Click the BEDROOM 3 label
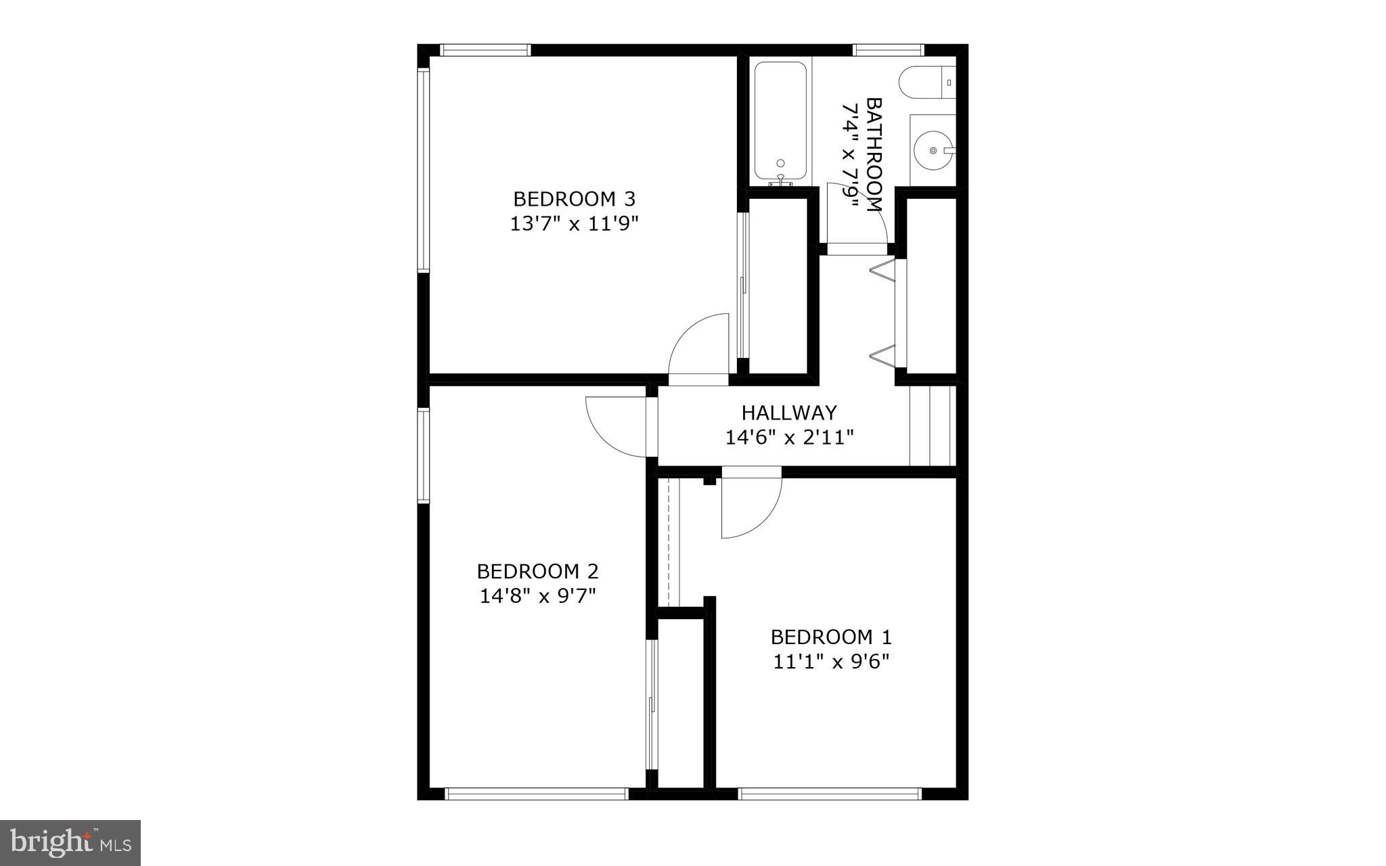tap(574, 199)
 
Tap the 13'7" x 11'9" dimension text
tap(574, 224)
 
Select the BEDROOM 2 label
tap(537, 572)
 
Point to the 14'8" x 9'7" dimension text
tap(537, 596)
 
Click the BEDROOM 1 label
tap(831, 637)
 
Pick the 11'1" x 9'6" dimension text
tap(831, 662)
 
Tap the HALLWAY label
tap(789, 413)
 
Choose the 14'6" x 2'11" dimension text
tap(789, 438)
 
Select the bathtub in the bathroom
tap(780, 122)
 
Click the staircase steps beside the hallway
tap(931, 426)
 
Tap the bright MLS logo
tap(70, 842)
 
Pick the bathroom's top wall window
tap(888, 49)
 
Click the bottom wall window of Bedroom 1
tap(829, 794)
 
